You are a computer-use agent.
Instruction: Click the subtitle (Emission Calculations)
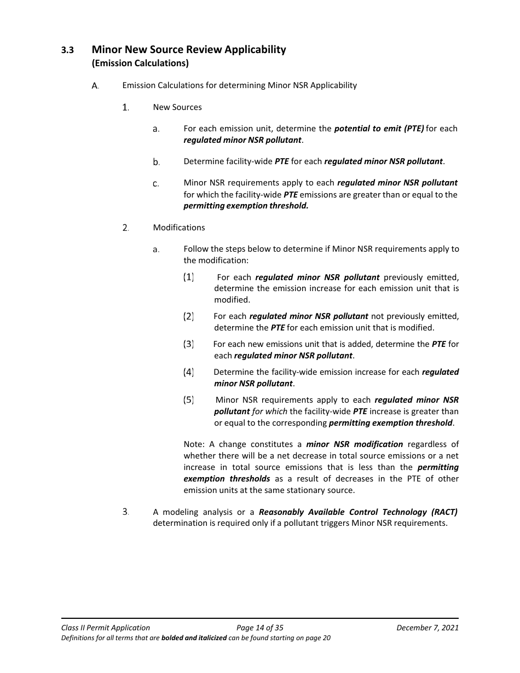140,63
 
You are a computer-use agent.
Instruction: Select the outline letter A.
95,85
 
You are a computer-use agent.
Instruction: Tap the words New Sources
177,107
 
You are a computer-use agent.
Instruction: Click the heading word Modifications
179,228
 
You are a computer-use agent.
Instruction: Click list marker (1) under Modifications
188,277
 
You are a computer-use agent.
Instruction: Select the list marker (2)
188,316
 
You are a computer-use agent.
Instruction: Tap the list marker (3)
188,344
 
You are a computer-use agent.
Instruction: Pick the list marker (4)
188,372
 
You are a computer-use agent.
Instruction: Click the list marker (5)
188,400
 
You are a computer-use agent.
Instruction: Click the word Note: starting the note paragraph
194,444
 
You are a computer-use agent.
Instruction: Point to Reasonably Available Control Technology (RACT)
358,512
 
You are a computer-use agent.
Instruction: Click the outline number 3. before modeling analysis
125,512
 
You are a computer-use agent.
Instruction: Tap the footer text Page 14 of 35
260,628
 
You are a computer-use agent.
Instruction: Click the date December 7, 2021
427,628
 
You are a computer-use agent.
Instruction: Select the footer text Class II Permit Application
106,628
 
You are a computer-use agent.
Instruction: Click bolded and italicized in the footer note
194,638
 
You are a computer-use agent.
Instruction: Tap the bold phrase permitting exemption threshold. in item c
246,206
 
